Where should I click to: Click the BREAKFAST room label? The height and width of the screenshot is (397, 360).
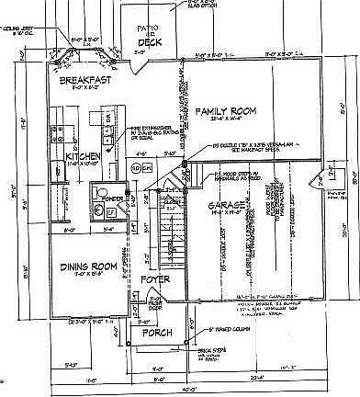coord(84,81)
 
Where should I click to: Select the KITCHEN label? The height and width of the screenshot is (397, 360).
coord(83,157)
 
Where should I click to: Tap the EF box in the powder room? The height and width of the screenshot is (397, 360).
coord(110,212)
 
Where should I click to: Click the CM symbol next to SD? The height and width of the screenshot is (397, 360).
coord(146,169)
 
